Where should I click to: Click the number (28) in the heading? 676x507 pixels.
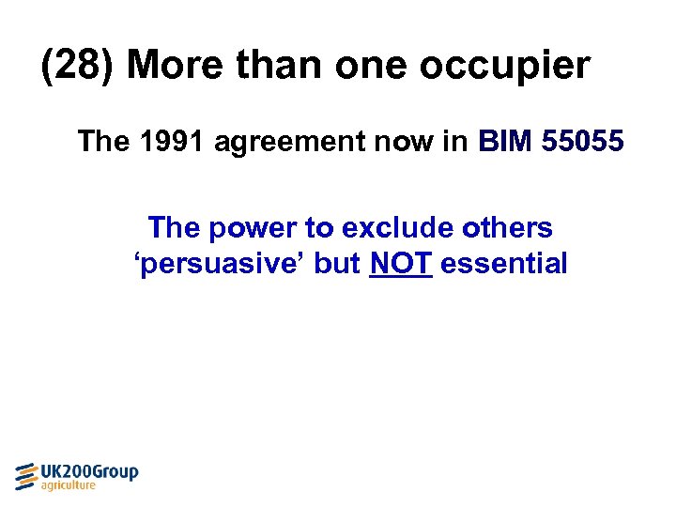click(x=78, y=67)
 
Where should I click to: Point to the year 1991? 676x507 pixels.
click(x=176, y=142)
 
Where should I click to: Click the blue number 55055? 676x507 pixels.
click(x=587, y=142)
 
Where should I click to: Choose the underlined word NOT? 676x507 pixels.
click(x=401, y=264)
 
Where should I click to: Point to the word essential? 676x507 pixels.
click(x=503, y=264)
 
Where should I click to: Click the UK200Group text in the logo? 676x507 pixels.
click(x=90, y=471)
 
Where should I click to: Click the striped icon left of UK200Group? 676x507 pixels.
click(x=26, y=476)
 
